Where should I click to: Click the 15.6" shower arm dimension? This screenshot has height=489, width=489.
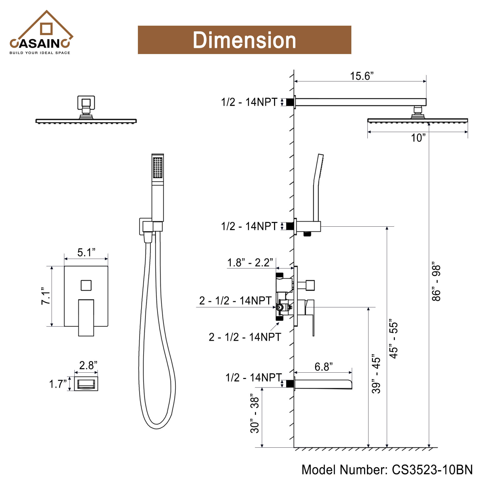click(361, 76)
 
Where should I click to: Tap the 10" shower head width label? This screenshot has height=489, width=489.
click(418, 138)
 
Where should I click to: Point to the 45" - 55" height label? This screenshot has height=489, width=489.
click(394, 339)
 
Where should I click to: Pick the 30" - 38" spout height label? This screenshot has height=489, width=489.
click(255, 413)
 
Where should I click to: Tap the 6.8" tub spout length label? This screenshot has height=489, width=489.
click(323, 367)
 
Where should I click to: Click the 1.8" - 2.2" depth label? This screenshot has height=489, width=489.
click(250, 262)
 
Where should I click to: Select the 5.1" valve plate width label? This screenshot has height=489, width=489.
click(86, 252)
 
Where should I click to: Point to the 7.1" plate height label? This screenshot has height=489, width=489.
click(45, 296)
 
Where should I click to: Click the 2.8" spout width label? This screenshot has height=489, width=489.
click(88, 365)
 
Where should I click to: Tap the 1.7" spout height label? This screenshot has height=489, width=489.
click(58, 384)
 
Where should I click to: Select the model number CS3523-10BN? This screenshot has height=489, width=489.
click(432, 469)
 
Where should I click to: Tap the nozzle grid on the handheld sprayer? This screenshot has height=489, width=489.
click(158, 167)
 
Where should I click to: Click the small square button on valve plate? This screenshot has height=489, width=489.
click(86, 285)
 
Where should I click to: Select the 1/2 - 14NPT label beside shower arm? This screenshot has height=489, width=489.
click(249, 102)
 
